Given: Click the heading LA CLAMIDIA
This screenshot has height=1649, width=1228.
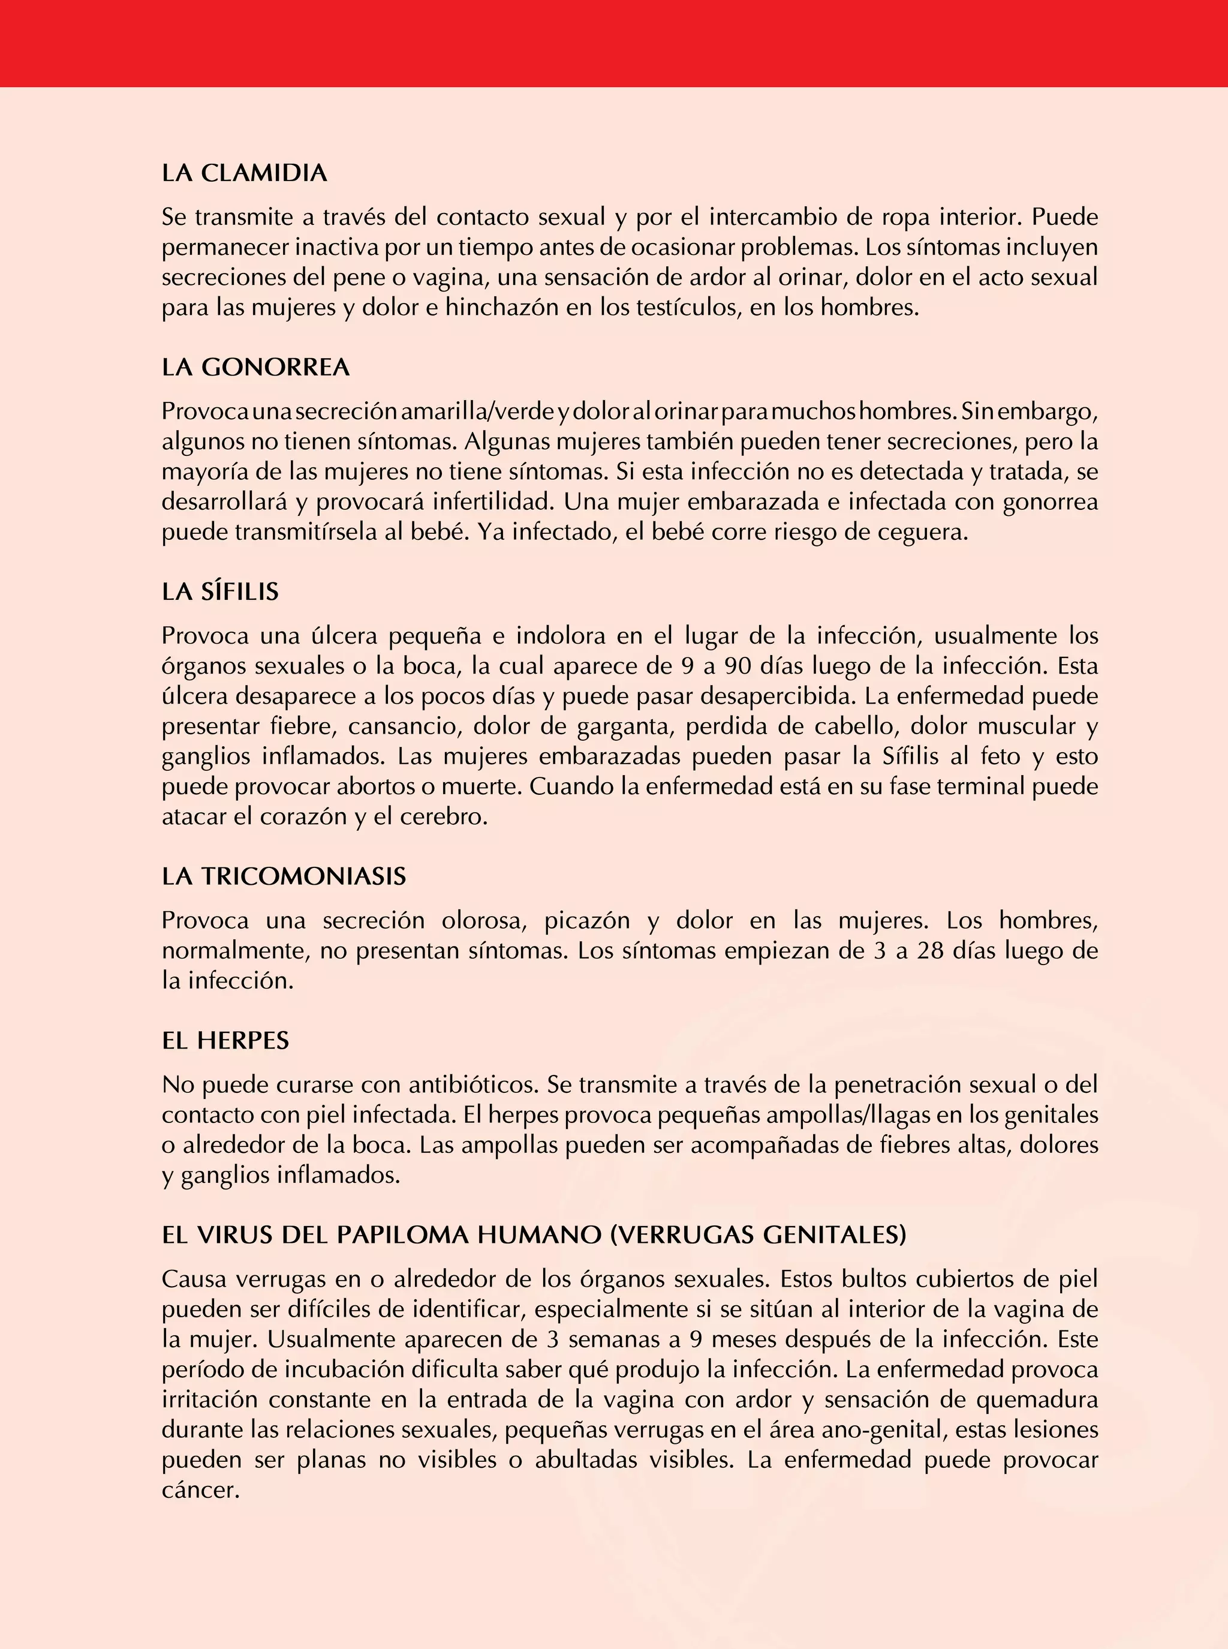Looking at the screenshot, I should [245, 173].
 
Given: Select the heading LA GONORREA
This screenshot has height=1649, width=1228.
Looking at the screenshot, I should [255, 367].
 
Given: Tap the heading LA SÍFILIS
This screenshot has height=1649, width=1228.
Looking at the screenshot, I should [220, 592].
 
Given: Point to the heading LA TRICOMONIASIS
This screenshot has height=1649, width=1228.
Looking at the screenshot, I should [284, 876].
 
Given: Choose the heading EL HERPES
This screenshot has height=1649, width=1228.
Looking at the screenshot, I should [225, 1041].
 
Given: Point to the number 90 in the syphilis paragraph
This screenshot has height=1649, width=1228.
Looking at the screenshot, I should [738, 666].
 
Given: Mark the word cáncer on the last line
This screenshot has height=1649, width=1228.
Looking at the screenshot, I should [201, 1491].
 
